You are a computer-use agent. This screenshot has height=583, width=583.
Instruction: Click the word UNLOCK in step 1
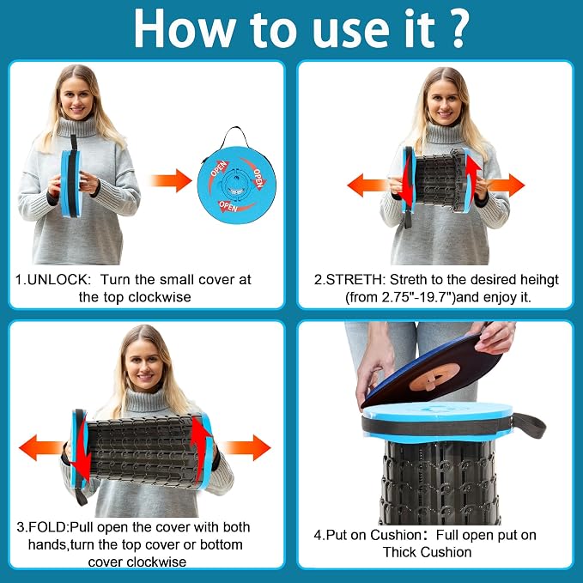click(58, 280)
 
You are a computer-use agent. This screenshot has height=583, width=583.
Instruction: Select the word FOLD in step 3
click(47, 527)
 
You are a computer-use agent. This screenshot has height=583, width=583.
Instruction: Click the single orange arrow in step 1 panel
click(171, 180)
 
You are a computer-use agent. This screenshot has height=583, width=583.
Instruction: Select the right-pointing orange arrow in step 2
click(506, 185)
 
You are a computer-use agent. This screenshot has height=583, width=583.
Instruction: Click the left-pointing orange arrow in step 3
click(41, 447)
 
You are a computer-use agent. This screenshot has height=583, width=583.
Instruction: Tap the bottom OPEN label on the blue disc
click(228, 206)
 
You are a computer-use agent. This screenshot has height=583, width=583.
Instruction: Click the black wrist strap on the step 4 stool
click(529, 424)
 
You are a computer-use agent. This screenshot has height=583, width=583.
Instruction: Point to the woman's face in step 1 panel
click(77, 99)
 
